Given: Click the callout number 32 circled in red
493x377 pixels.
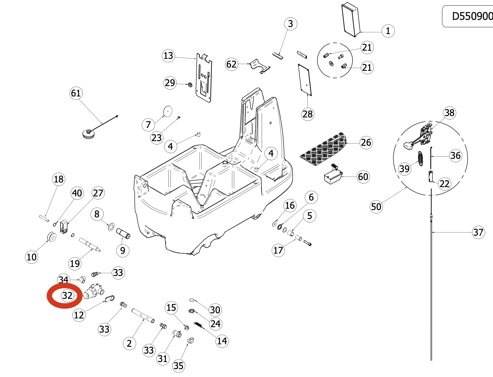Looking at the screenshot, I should point(67,296).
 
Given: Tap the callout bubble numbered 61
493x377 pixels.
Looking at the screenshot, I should point(76,93).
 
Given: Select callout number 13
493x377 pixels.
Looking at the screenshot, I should point(168,56).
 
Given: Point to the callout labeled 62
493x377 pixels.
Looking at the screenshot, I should point(232,64).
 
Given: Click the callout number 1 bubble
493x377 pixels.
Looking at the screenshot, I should point(388,31).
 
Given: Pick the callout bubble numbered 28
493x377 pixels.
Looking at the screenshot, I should point(308,114).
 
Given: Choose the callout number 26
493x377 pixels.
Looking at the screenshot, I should point(366,142).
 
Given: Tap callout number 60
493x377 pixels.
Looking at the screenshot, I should point(363,177).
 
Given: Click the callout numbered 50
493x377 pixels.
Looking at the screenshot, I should point(376,207).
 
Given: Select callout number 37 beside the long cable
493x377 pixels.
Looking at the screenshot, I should point(478,232).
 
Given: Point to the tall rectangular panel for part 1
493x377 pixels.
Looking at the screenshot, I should point(351,20).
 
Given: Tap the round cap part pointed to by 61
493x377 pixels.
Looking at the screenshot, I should point(89,134).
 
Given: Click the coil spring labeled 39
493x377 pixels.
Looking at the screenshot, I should point(421,159).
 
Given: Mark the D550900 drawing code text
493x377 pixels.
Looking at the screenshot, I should point(472,16).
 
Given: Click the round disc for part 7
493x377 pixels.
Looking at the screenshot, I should point(168,111).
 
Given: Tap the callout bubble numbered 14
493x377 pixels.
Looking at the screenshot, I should point(222,341).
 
